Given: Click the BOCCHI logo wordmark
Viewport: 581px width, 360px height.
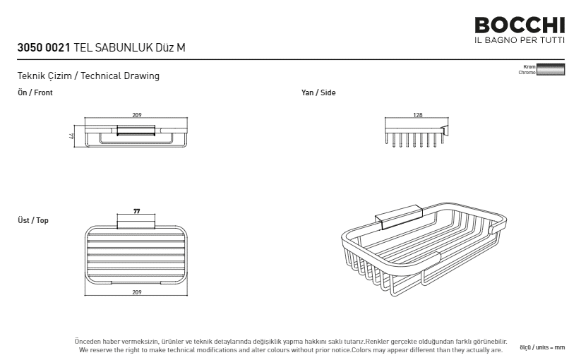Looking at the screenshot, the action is click(x=520, y=25).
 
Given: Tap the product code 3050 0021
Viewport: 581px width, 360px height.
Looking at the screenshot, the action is click(x=44, y=48).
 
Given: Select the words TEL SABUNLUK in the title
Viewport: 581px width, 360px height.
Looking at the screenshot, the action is click(x=113, y=48).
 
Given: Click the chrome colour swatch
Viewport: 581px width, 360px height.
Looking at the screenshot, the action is click(x=551, y=69).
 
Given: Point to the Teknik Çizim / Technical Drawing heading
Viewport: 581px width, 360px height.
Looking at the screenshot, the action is click(x=88, y=76).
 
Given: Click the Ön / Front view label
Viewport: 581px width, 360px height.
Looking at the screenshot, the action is click(x=35, y=92).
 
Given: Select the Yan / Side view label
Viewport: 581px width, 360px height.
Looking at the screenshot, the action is click(x=318, y=92).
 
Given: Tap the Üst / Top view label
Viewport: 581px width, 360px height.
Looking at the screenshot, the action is click(x=33, y=220).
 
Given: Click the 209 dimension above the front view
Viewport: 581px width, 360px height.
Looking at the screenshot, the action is click(x=137, y=115).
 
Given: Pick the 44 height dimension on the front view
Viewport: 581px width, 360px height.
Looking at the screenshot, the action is click(x=71, y=136).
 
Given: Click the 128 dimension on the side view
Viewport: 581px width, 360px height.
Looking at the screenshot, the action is click(x=418, y=115).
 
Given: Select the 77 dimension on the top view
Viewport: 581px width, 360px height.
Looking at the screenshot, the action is click(x=137, y=211).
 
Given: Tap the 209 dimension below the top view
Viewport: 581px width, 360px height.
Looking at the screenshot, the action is click(x=137, y=292).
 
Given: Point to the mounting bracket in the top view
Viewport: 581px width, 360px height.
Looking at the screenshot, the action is click(x=136, y=224).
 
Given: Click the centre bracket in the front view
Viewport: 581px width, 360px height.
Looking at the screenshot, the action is click(x=136, y=131).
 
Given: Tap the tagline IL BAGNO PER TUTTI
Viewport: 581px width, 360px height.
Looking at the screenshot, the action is click(x=520, y=40).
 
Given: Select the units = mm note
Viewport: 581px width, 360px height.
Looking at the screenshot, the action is click(x=542, y=347).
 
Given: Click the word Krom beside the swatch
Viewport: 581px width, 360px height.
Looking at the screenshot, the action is click(x=529, y=66).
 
